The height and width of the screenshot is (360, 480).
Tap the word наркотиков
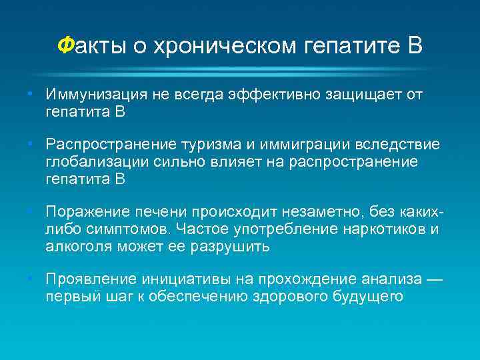[x=377, y=229]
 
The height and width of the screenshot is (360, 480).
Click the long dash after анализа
[x=434, y=278]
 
